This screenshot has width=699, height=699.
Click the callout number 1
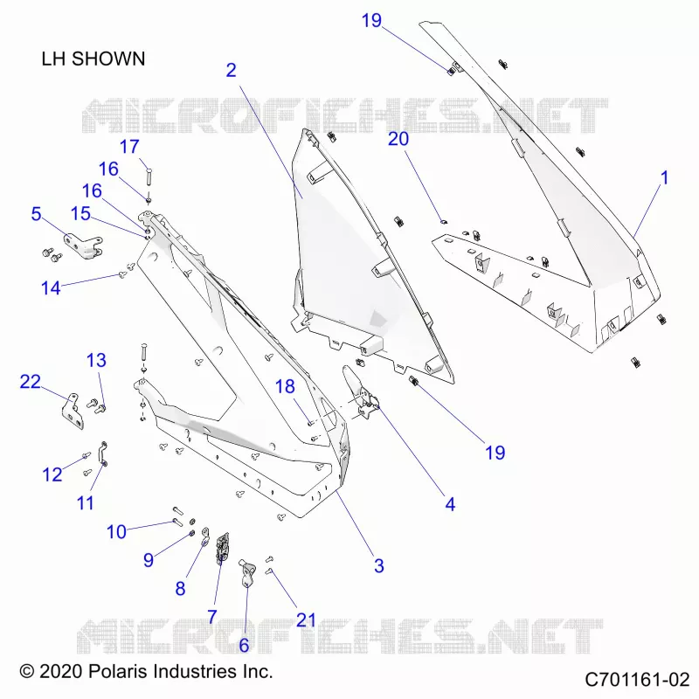pos(664,178)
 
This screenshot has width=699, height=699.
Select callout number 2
pos(231,70)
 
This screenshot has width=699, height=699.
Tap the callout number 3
pos(379,565)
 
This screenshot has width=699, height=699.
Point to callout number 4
pos(450,504)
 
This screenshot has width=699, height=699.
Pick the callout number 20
pos(398,139)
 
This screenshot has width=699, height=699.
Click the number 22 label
pos(31,381)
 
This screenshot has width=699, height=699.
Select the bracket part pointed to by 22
pos(73,411)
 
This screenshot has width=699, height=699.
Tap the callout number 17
pos(129,147)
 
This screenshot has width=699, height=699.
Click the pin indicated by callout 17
pos(149,178)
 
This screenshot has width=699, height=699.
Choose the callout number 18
pos(285,386)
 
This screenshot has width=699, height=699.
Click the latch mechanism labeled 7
pos(223,548)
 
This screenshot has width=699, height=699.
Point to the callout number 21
pos(307,620)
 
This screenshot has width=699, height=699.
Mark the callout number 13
pos(96,360)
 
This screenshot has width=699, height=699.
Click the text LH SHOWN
pos(93,59)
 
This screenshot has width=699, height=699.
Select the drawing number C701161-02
pos(638,680)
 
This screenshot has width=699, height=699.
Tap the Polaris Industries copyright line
pos(146,671)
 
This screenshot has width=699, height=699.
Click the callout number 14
pos(51,288)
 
